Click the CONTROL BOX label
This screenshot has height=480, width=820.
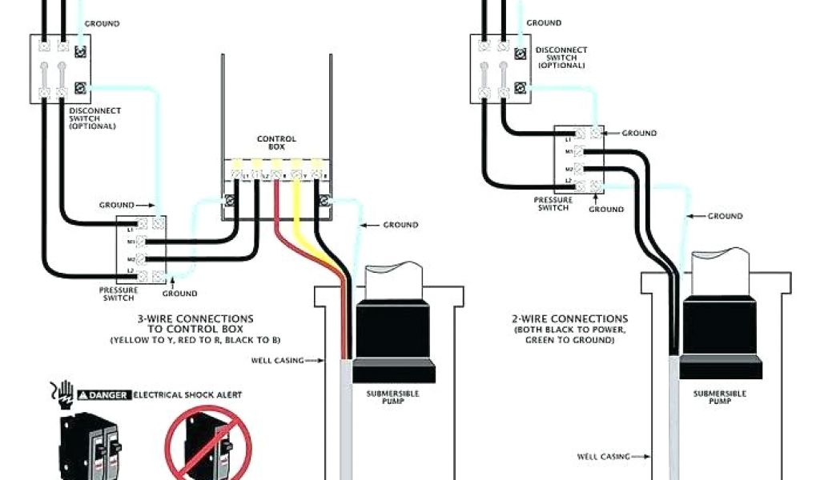pyautogui.click(x=276, y=143)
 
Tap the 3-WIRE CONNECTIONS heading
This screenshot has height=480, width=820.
pyautogui.click(x=195, y=318)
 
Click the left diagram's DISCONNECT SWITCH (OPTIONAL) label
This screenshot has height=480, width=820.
pyautogui.click(x=95, y=118)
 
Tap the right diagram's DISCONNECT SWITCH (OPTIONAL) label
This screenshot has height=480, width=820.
pyautogui.click(x=561, y=57)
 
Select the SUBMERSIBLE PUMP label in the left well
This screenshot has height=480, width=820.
pyautogui.click(x=392, y=398)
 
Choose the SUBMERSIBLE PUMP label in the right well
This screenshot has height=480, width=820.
pyautogui.click(x=720, y=398)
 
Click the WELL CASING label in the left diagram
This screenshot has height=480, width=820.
pyautogui.click(x=278, y=361)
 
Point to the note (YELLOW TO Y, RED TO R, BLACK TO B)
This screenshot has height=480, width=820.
pyautogui.click(x=195, y=341)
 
